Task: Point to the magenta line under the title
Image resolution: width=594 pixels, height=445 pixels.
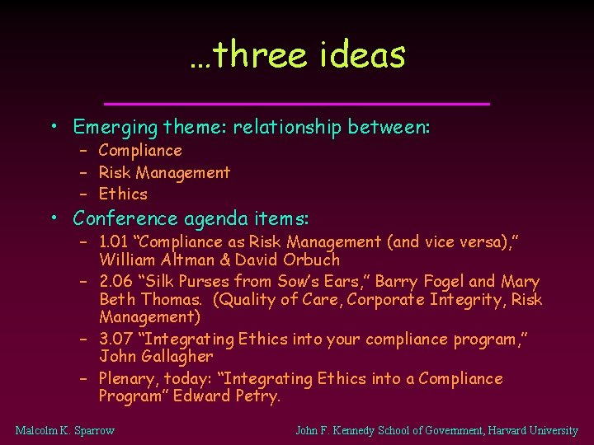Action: click(x=298, y=103)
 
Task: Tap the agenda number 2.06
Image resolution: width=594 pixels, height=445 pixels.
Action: click(x=115, y=282)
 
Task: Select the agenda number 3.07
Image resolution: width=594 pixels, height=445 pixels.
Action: click(x=115, y=340)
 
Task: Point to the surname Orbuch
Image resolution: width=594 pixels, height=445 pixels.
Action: click(x=310, y=260)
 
